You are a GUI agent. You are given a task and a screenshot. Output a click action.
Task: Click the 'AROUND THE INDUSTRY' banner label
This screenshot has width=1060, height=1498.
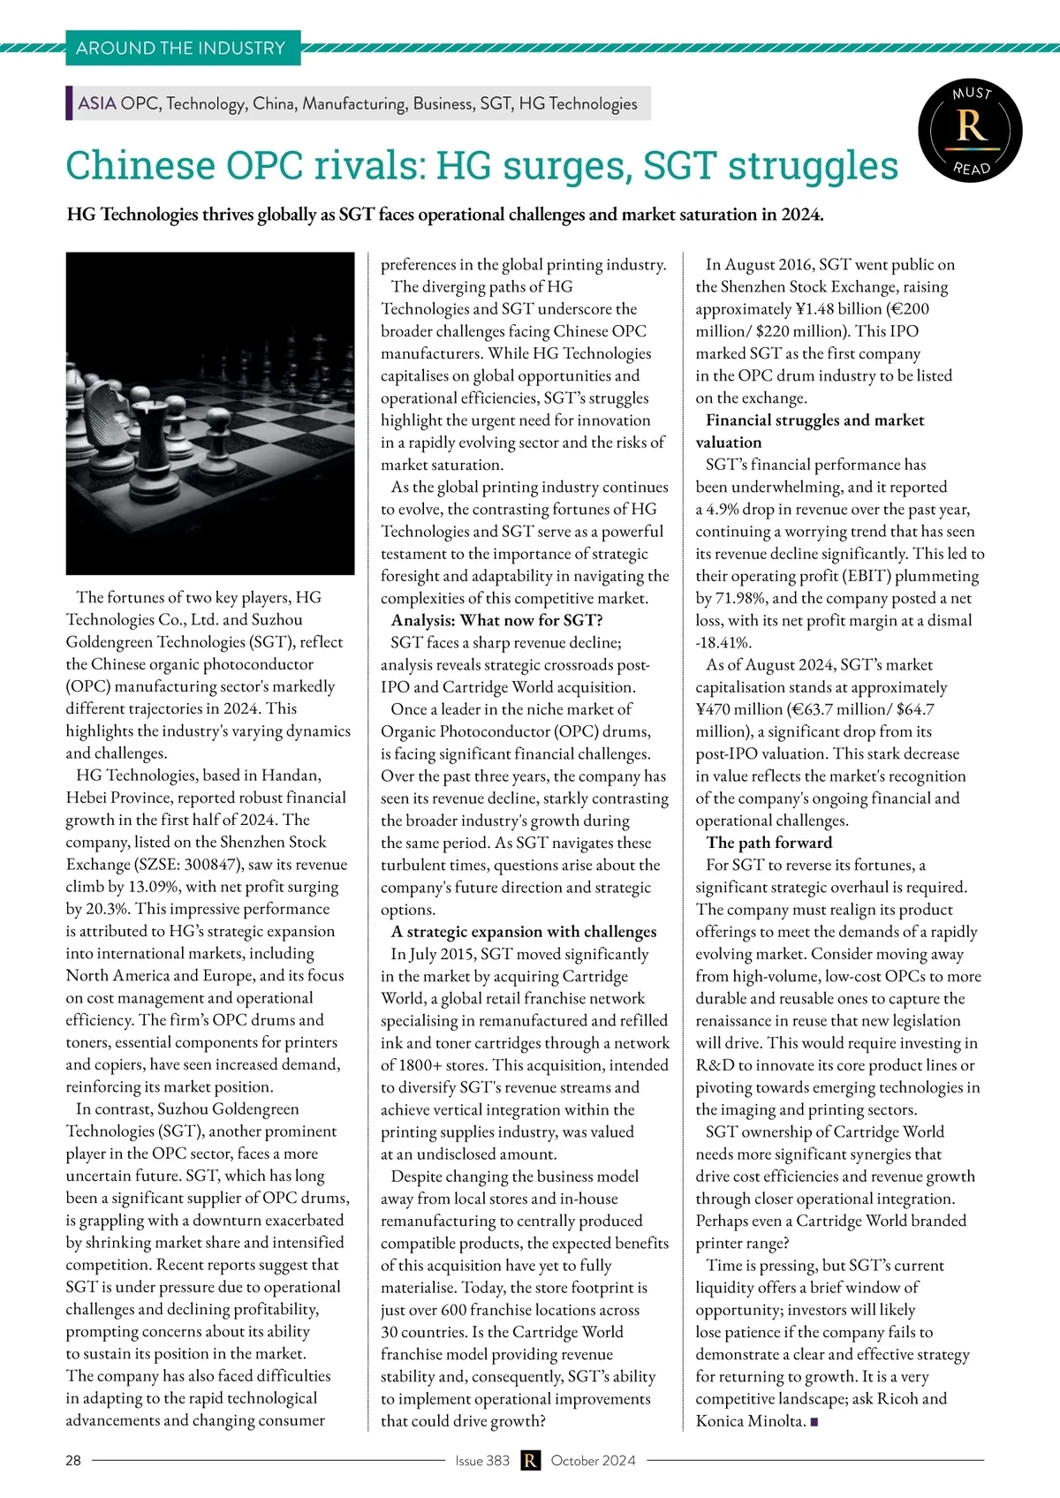pyautogui.click(x=181, y=48)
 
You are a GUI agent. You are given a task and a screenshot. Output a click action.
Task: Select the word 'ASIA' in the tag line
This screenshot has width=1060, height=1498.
pyautogui.click(x=97, y=103)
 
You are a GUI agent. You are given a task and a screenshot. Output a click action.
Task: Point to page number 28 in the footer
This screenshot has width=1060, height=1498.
pyautogui.click(x=73, y=1460)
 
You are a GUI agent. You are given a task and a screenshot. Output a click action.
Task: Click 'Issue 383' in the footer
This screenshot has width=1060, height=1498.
pyautogui.click(x=482, y=1460)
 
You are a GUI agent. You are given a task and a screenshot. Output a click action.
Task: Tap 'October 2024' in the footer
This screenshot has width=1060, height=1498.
pyautogui.click(x=593, y=1460)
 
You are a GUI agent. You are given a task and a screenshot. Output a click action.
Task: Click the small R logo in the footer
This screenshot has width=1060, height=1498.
pyautogui.click(x=530, y=1460)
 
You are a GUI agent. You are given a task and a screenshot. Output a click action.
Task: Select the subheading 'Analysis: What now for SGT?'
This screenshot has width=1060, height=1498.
pyautogui.click(x=497, y=620)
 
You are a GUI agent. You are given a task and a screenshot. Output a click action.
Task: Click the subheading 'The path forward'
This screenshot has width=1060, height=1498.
pyautogui.click(x=768, y=843)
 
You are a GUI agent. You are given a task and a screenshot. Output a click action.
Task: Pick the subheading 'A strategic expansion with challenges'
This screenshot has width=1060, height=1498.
pyautogui.click(x=524, y=932)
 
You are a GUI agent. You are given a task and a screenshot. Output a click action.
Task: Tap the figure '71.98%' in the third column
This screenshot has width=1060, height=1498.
pyautogui.click(x=737, y=598)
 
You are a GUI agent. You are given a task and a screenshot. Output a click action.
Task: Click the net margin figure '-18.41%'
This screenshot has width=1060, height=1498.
pyautogui.click(x=723, y=643)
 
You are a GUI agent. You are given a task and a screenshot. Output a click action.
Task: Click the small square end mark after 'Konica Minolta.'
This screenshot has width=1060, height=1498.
pyautogui.click(x=814, y=1422)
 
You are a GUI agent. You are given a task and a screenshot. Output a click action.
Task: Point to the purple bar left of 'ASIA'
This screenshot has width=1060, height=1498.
pyautogui.click(x=69, y=103)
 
